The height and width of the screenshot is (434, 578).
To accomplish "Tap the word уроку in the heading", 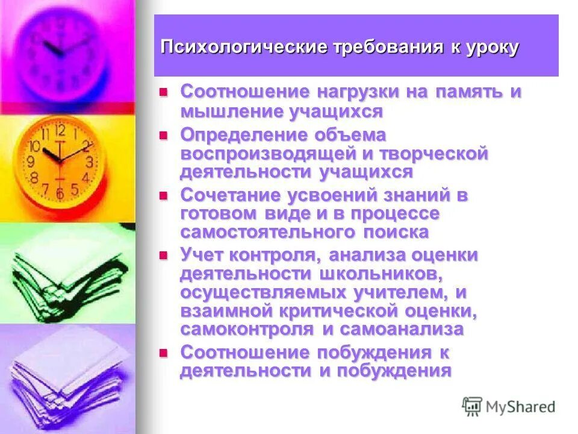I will click(x=491, y=48).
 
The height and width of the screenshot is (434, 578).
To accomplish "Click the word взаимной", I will click(x=228, y=310).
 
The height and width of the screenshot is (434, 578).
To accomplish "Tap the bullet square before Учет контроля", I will click(x=162, y=255).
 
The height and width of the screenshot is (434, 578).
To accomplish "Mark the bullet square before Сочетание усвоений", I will click(x=162, y=195).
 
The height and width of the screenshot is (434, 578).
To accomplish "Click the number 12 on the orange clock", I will click(x=60, y=130).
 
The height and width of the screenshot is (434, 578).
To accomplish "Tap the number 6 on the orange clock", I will click(x=60, y=193).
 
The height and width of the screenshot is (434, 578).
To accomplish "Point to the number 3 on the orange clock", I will click(x=89, y=161).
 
